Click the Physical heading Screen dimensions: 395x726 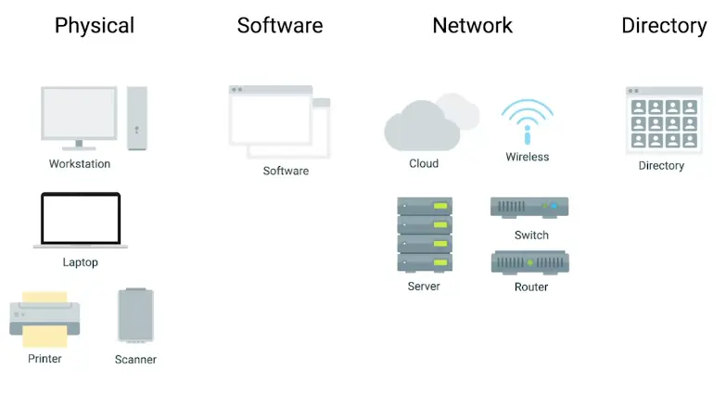[x=95, y=25]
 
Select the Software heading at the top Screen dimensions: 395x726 [x=280, y=25]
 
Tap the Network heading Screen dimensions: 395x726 [x=472, y=25]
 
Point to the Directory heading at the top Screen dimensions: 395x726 [x=664, y=25]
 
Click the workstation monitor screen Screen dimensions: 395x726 [x=79, y=113]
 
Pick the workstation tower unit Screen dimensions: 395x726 [x=137, y=118]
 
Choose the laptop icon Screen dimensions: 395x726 [x=81, y=221]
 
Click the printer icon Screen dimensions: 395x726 [x=45, y=318]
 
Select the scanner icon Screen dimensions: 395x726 [x=136, y=315]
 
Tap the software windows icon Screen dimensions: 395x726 [x=278, y=121]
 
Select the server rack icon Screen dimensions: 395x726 [x=425, y=235]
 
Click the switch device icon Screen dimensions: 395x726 [x=529, y=207]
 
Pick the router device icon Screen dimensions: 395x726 [x=529, y=262]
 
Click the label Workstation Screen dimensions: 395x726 [x=80, y=164]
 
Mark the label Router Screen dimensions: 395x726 [x=531, y=287]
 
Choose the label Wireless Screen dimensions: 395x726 [x=528, y=158]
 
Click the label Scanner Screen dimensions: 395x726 [x=135, y=360]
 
